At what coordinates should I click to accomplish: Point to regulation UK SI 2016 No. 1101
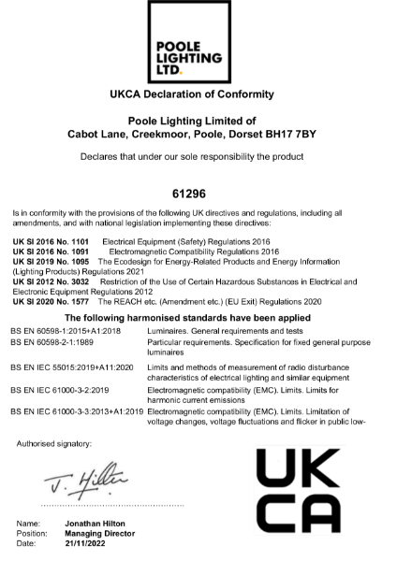point(50,241)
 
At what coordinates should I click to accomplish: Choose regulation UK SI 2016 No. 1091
point(50,252)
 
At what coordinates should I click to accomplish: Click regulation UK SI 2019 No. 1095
point(50,262)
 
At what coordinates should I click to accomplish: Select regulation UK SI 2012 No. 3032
point(50,280)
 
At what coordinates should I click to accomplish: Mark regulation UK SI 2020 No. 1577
point(50,301)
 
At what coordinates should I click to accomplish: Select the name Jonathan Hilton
point(96,525)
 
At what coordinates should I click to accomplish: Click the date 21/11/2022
point(87,543)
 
